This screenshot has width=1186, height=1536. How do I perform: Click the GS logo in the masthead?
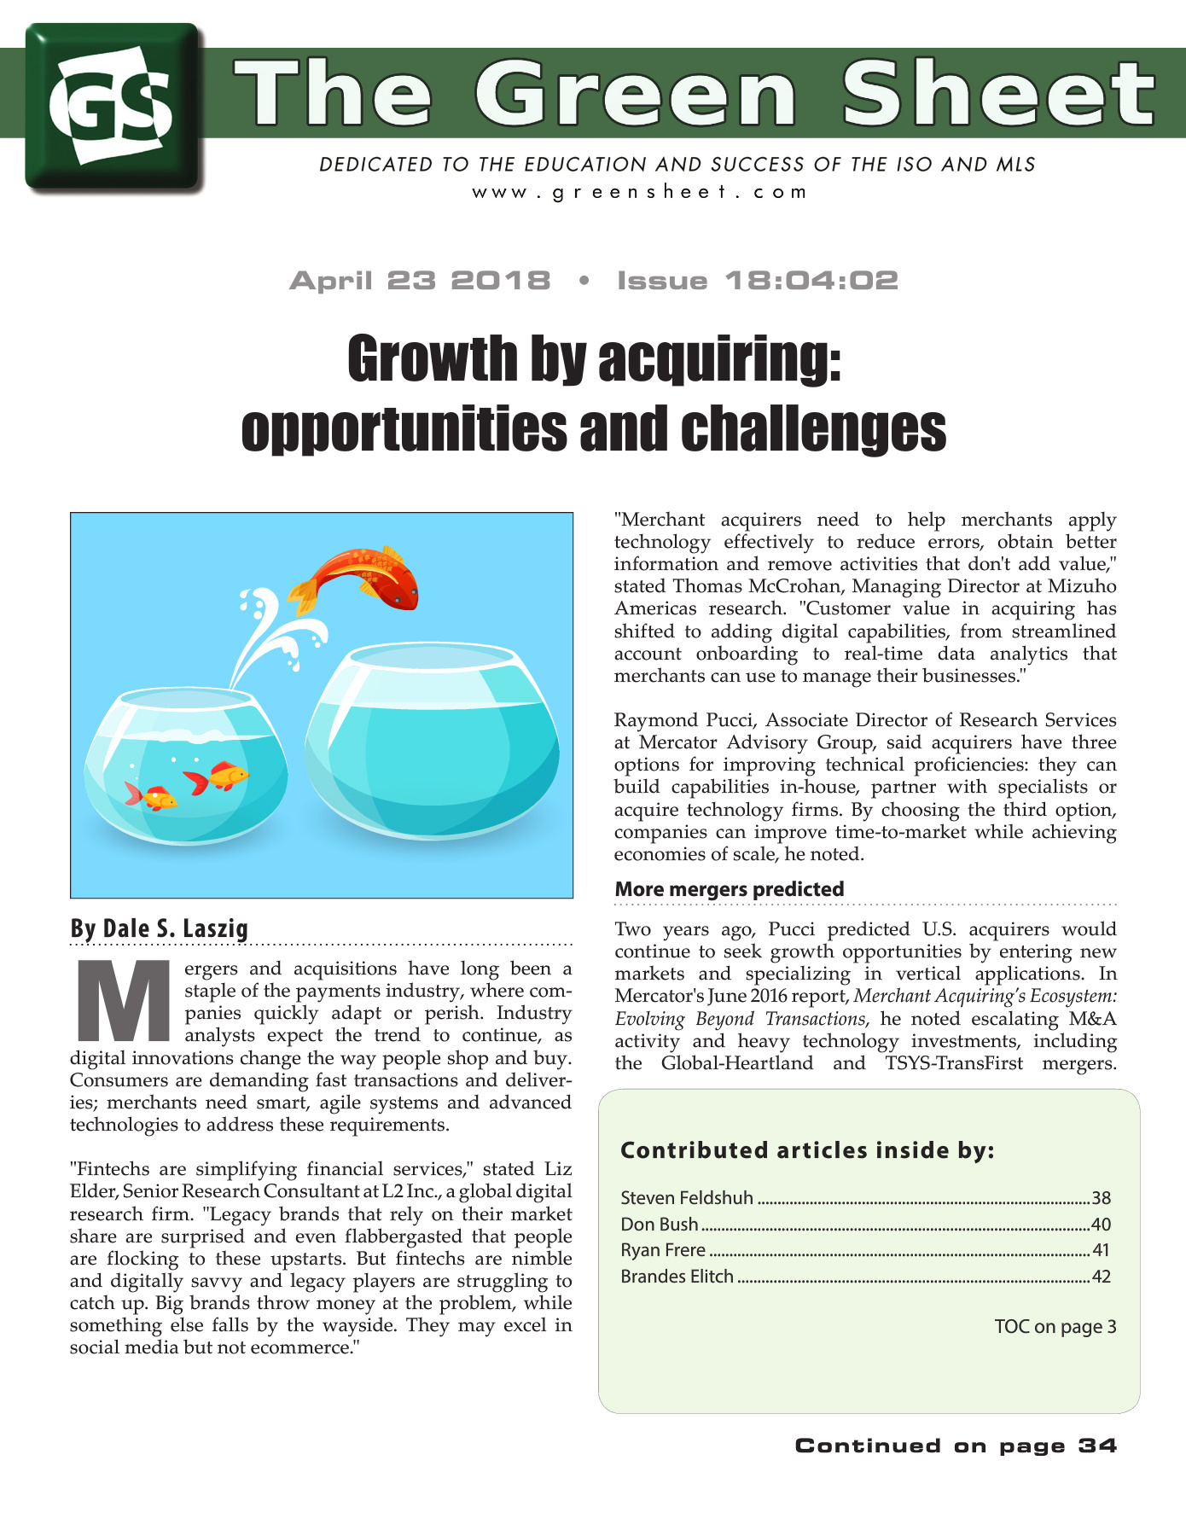pos(113,107)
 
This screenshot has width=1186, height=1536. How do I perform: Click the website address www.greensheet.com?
pos(639,191)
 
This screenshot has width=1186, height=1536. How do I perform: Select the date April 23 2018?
pos(420,281)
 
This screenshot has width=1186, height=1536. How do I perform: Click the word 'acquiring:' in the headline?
pos(720,359)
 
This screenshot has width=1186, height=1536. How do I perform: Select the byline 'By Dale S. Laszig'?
pos(160,928)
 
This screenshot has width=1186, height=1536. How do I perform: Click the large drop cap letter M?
pos(125,1002)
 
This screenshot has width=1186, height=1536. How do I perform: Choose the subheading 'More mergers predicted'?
pos(730,889)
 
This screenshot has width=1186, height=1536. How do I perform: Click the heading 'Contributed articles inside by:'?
pos(807,1150)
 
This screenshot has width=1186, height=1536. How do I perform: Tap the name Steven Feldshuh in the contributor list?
pos(687,1198)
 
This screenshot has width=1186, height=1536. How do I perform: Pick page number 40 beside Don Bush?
pos(1101,1225)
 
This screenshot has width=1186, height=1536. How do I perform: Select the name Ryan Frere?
pos(663,1250)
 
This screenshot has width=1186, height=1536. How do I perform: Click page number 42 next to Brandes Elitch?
pos(1101,1277)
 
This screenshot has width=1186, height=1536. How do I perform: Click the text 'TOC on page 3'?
pos(1055,1327)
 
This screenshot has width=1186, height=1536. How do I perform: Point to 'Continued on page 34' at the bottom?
pos(956,1446)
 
